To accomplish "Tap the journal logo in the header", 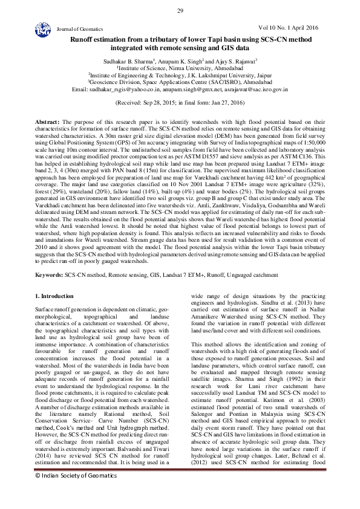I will point(42,28).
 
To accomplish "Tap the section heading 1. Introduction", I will point(54,296).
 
